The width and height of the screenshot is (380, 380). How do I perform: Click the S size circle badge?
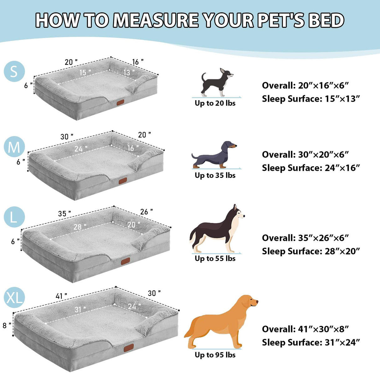tap(14, 71)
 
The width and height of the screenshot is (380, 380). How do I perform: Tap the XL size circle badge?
tap(14, 298)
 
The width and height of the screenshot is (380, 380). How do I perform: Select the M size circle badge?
tap(14, 147)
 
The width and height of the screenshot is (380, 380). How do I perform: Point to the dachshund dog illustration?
tap(214, 155)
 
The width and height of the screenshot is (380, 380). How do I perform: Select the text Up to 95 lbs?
tap(215, 355)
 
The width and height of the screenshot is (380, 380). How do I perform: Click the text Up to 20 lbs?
tap(215, 103)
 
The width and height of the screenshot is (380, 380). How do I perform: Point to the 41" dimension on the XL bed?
tap(61, 296)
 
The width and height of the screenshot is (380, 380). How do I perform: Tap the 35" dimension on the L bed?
tap(64, 214)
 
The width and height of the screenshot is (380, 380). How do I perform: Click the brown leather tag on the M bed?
tap(123, 181)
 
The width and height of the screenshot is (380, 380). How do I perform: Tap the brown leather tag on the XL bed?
tap(129, 348)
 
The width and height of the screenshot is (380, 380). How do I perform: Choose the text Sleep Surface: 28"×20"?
tap(311, 251)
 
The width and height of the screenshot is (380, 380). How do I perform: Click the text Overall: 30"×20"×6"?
tap(305, 155)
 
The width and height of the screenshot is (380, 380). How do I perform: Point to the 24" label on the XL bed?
tap(134, 306)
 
